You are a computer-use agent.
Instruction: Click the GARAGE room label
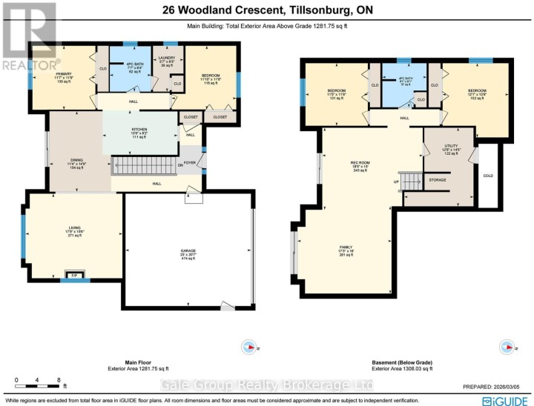point(187,251)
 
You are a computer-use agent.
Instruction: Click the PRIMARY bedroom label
point(62,74)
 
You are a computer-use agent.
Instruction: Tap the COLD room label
point(488,176)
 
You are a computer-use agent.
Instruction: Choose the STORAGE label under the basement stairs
point(437,179)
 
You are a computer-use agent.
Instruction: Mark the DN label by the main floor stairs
point(180,164)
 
